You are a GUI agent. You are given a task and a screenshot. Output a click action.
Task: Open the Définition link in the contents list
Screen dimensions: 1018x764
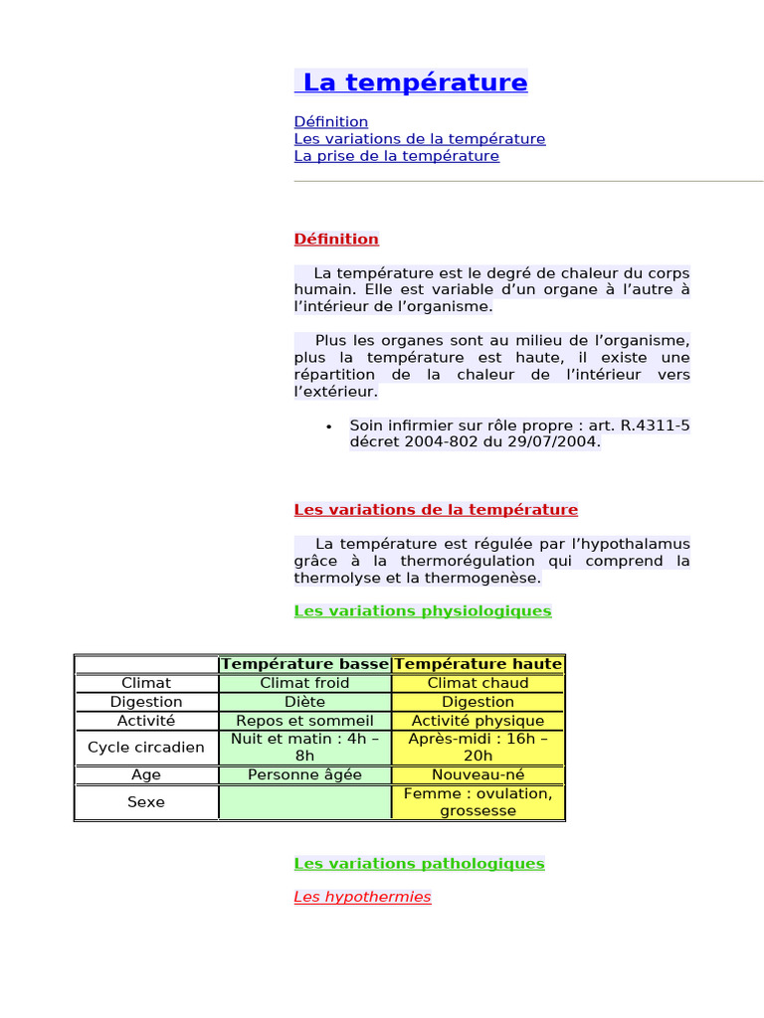(331, 122)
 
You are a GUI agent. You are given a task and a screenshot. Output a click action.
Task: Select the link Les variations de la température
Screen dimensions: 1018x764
(420, 139)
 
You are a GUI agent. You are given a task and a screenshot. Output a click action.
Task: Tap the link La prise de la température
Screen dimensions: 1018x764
(397, 156)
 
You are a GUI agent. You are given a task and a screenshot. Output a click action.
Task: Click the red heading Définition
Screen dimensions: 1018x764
(336, 240)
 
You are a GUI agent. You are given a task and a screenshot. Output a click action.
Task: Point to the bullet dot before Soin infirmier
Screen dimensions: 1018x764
(328, 426)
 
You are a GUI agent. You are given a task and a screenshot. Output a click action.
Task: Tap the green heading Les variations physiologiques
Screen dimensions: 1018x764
(423, 611)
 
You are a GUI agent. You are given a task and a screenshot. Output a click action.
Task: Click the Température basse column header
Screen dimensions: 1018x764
(305, 664)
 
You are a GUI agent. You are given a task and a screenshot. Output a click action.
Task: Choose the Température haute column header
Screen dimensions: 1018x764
(478, 664)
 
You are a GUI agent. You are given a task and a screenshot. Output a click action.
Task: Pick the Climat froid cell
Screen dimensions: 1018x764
(304, 683)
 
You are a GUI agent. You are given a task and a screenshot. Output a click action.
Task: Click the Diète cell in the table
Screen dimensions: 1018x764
(304, 702)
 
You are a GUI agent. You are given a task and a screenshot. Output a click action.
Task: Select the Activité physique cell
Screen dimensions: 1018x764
(477, 721)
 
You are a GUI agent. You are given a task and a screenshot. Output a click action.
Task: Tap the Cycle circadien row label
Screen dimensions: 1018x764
(146, 748)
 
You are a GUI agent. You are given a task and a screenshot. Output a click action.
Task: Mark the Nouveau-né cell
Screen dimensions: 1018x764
(477, 774)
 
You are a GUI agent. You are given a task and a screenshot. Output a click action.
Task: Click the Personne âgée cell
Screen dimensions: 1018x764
(304, 774)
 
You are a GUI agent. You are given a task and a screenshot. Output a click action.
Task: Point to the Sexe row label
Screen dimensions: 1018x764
(146, 802)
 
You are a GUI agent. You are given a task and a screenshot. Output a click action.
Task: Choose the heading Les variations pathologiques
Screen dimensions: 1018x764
(420, 864)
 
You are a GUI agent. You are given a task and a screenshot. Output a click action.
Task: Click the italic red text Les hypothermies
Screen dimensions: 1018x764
(362, 898)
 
